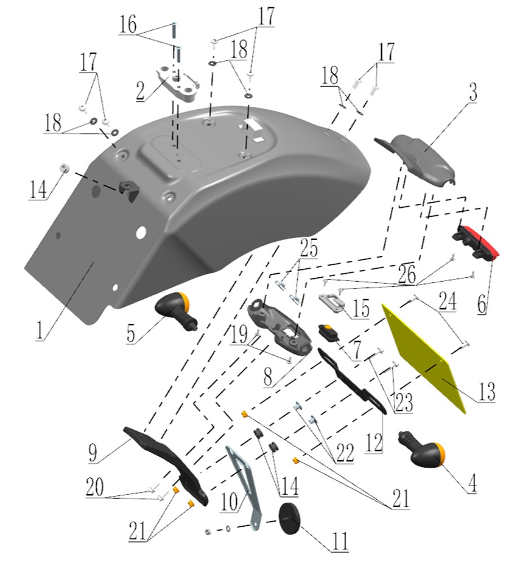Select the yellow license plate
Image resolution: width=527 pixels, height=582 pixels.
[x=423, y=358]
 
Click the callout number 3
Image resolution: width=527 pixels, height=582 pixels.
[x=473, y=92]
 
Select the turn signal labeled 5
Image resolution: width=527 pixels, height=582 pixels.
[x=176, y=310]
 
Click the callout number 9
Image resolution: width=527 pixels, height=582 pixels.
[x=93, y=452]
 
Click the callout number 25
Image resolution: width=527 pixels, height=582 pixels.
[x=309, y=248]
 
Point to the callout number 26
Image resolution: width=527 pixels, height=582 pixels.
[x=407, y=275]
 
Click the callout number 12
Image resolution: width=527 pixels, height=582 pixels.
[x=373, y=442]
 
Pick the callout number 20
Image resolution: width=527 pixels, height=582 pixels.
[x=95, y=487]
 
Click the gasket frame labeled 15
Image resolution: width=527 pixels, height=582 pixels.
[x=332, y=303]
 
